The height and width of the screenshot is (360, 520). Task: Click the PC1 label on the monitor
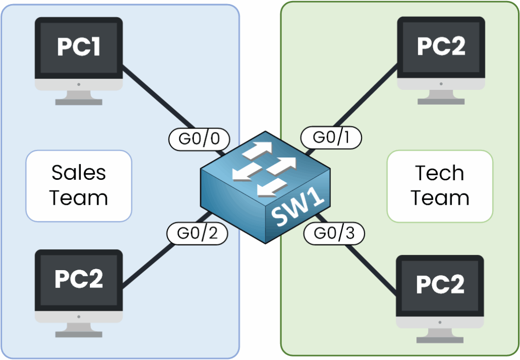click(x=79, y=47)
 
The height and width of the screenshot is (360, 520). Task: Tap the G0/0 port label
click(x=199, y=138)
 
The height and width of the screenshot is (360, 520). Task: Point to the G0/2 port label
click(x=197, y=234)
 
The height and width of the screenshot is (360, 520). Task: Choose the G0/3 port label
click(x=333, y=234)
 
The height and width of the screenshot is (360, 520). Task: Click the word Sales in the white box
click(x=79, y=173)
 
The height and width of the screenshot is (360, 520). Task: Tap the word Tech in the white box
click(x=440, y=173)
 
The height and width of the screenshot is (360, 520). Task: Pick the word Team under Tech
click(x=440, y=198)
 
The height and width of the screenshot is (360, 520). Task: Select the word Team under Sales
click(x=79, y=198)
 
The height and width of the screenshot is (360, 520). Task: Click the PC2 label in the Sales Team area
click(x=79, y=278)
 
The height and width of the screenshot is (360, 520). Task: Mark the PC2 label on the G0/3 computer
click(x=440, y=284)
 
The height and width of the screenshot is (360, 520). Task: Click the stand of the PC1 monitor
click(x=79, y=98)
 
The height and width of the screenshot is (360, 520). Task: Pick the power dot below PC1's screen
click(x=79, y=86)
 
